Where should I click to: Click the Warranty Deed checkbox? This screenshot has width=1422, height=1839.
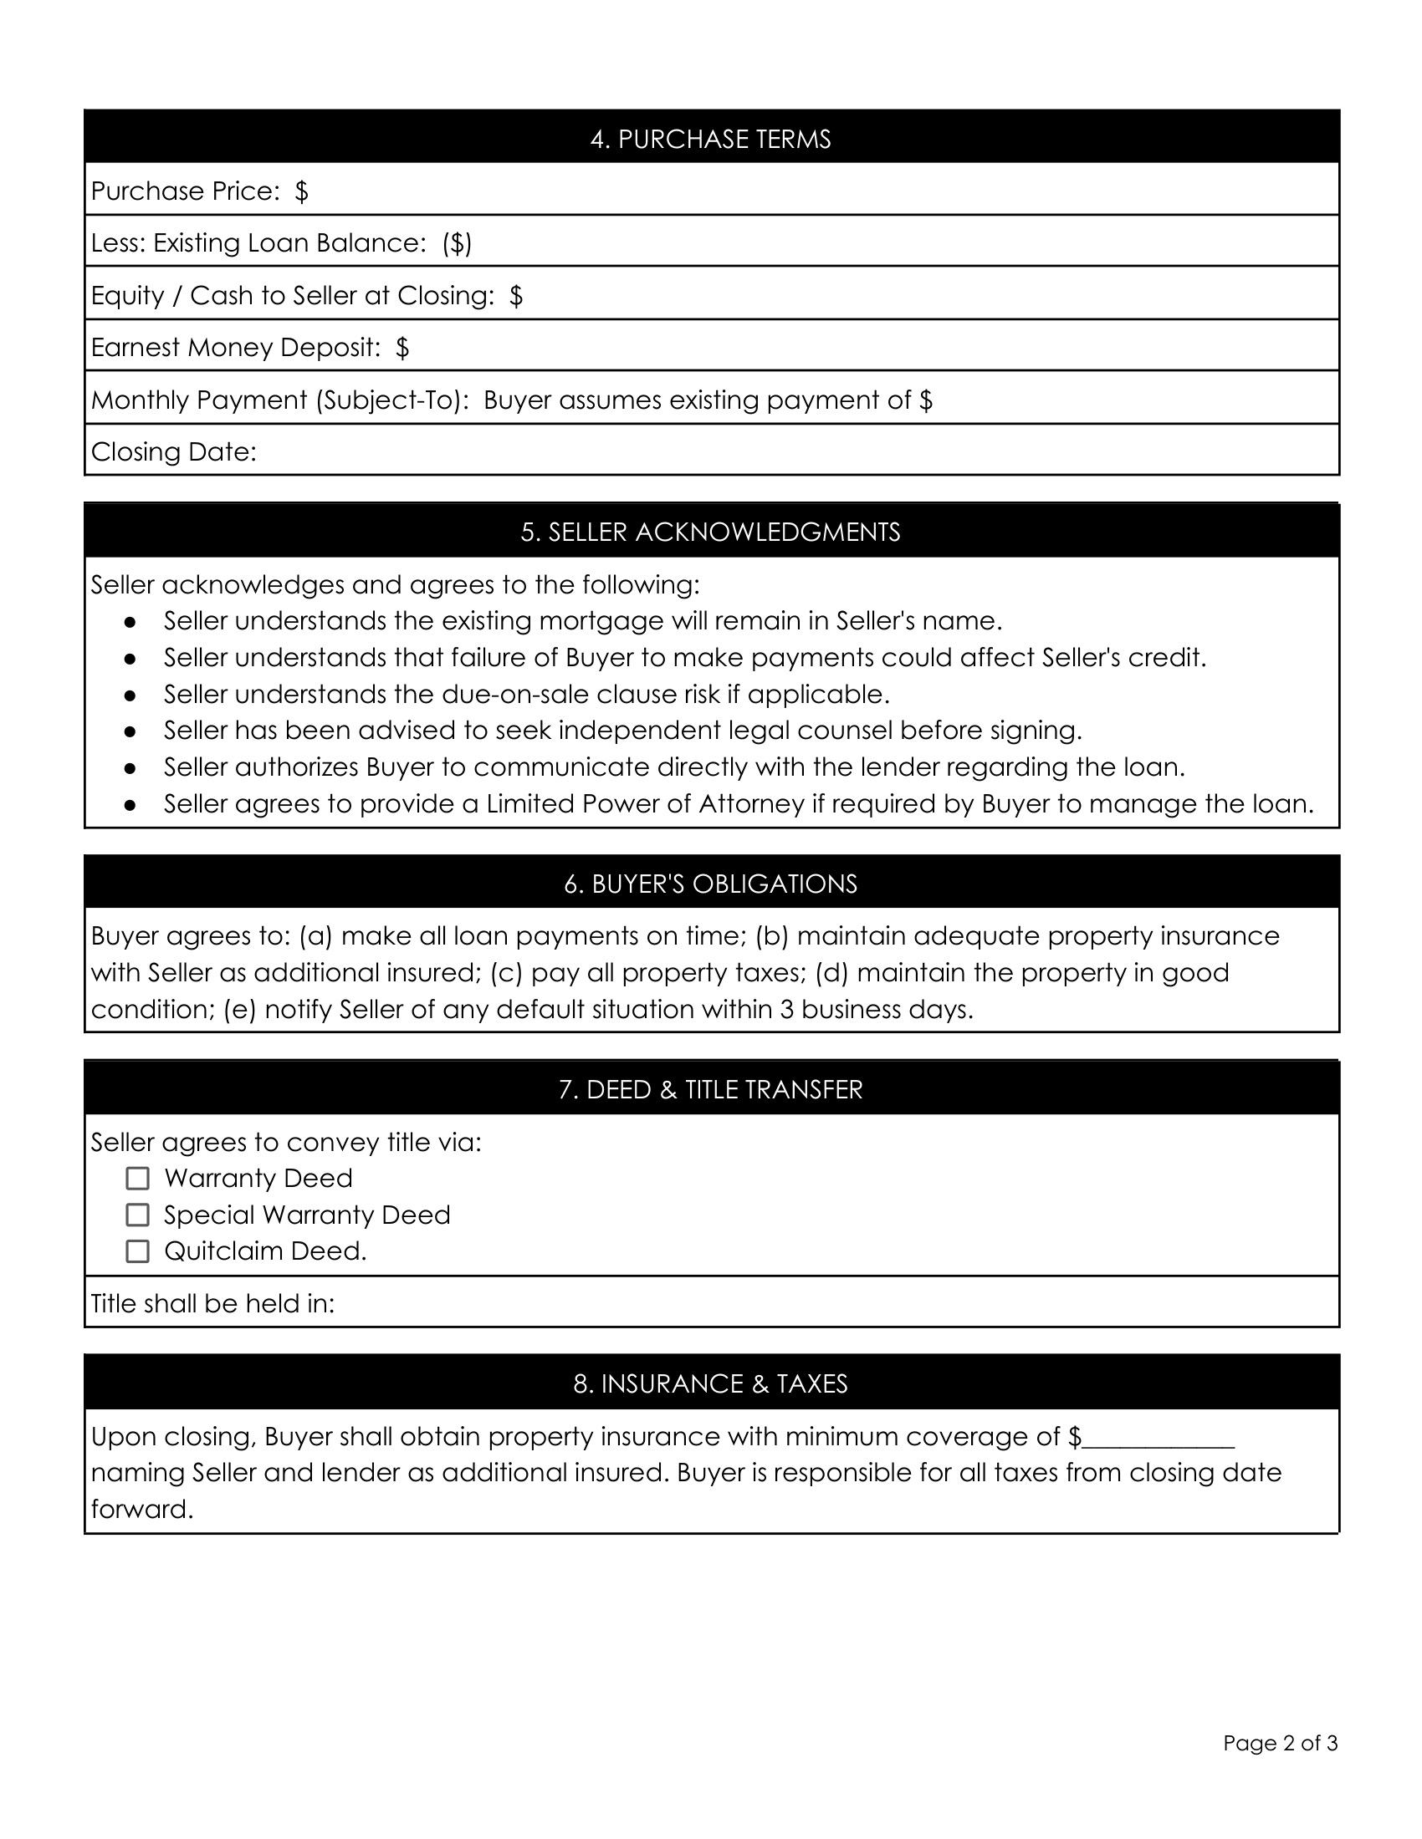[137, 1178]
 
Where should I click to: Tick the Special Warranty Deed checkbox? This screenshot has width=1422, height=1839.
[137, 1215]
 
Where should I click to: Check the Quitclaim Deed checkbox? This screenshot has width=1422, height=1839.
[137, 1251]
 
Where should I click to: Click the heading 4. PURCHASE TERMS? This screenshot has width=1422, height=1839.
[710, 139]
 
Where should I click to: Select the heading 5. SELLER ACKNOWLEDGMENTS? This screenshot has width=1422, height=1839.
[710, 532]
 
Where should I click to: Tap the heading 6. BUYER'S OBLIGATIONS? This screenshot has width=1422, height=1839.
[710, 884]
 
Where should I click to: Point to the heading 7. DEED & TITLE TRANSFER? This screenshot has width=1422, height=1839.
[710, 1089]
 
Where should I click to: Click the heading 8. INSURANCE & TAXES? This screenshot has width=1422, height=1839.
[710, 1384]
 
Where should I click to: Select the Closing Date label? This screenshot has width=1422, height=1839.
[173, 452]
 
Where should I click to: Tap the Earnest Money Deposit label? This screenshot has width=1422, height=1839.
[236, 348]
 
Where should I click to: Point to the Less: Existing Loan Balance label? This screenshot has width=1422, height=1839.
[258, 243]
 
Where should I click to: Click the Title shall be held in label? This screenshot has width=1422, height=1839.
[212, 1303]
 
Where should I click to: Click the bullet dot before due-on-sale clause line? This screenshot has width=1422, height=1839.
[130, 695]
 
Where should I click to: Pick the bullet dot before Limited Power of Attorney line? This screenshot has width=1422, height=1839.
[130, 805]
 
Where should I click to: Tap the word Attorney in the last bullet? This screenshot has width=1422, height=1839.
[751, 804]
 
